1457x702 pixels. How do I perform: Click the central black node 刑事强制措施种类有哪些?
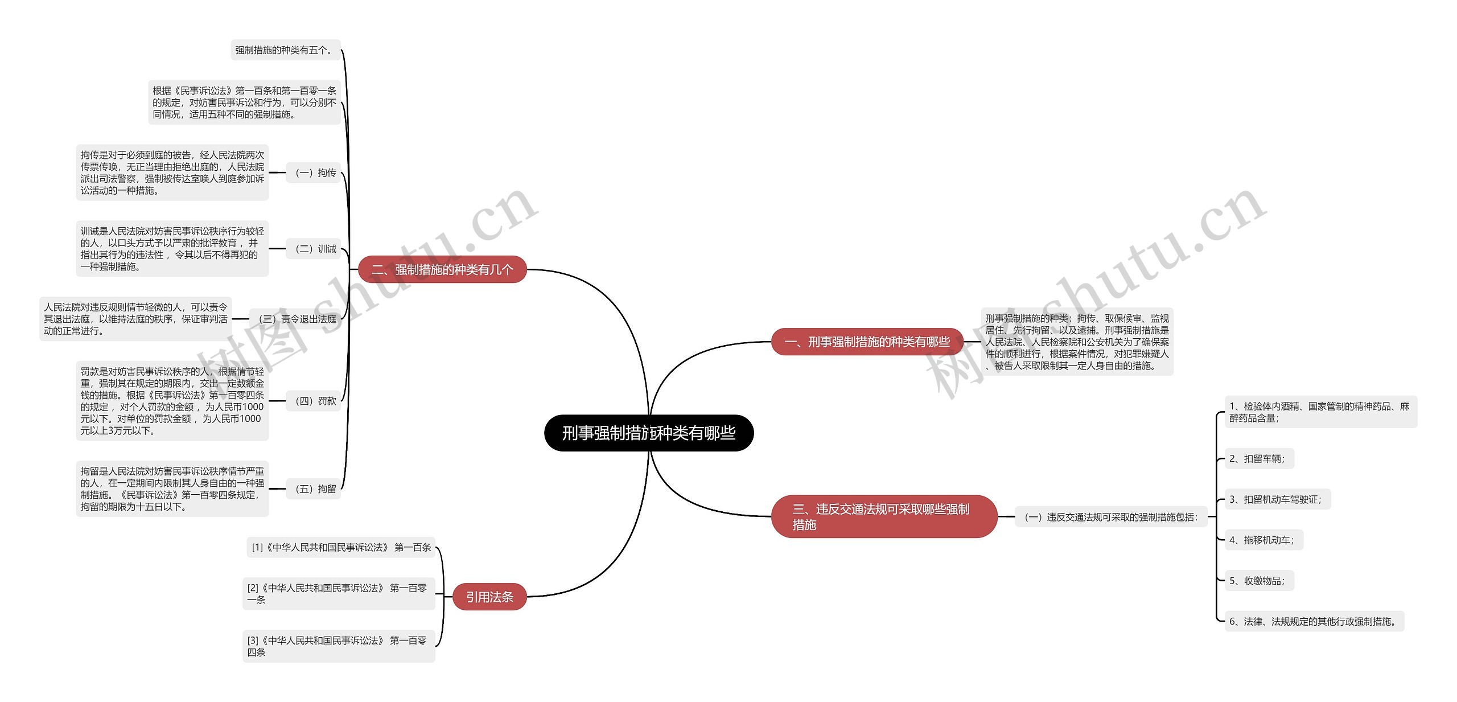[x=649, y=433]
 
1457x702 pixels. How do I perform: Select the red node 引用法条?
[x=489, y=597]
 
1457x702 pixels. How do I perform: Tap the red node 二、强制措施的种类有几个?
[x=442, y=269]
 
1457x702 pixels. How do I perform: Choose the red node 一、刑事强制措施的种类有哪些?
[x=867, y=342]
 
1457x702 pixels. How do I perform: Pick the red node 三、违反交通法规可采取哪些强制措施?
[x=883, y=516]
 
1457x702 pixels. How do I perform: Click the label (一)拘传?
[x=315, y=173]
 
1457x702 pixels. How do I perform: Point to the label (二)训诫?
[x=315, y=249]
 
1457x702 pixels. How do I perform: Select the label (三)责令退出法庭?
[x=297, y=319]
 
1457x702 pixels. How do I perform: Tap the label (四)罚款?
[x=315, y=401]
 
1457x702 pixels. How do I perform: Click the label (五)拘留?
[x=315, y=488]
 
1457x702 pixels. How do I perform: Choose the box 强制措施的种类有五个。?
[x=285, y=50]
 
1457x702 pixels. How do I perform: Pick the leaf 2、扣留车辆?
[x=1258, y=459]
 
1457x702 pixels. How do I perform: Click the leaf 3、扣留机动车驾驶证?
[x=1277, y=499]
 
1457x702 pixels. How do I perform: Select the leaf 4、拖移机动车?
[x=1263, y=540]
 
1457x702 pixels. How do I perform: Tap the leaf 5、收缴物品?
[x=1258, y=581]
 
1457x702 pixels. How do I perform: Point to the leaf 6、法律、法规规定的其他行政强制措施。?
[x=1314, y=621]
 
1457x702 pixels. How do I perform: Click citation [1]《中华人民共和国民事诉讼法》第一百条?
[x=341, y=547]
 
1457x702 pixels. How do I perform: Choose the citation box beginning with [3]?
[x=338, y=646]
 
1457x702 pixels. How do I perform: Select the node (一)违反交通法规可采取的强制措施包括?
[x=1110, y=517]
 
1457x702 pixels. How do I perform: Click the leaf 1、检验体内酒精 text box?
[x=1320, y=412]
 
